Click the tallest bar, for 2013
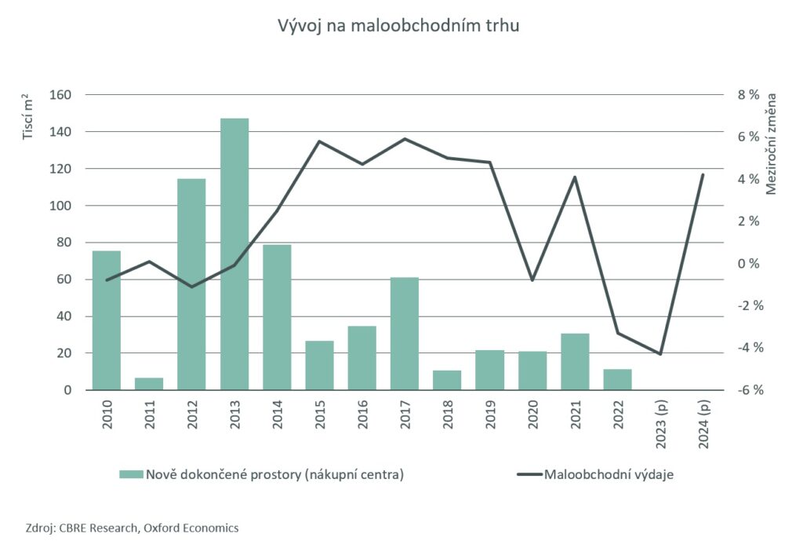click(234, 254)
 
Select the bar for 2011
click(149, 384)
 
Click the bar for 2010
click(107, 320)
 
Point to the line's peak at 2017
click(405, 139)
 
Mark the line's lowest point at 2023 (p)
click(660, 354)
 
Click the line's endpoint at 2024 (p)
click(703, 174)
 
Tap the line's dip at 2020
click(532, 280)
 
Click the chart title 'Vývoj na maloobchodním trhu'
click(399, 25)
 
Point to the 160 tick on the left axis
click(60, 95)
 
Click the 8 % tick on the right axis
click(749, 95)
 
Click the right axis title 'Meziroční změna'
click(772, 143)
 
